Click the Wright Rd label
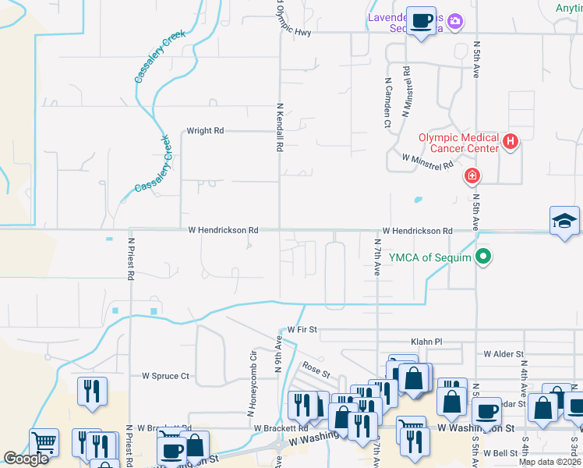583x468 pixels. tap(205, 131)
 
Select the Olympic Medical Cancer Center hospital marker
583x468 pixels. tap(511, 141)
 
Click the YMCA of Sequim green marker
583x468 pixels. tap(483, 255)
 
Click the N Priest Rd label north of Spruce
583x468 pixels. tap(131, 259)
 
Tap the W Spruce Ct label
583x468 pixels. tap(165, 376)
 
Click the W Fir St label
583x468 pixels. tap(302, 330)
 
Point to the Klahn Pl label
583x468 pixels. tap(426, 342)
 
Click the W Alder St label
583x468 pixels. tap(503, 354)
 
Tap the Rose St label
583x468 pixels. tap(312, 365)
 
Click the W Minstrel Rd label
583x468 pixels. tap(427, 161)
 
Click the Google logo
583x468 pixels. tap(26, 459)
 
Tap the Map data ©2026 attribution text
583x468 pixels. tap(549, 462)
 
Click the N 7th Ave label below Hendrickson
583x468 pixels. tap(376, 257)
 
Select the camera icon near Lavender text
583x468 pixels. tap(456, 21)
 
